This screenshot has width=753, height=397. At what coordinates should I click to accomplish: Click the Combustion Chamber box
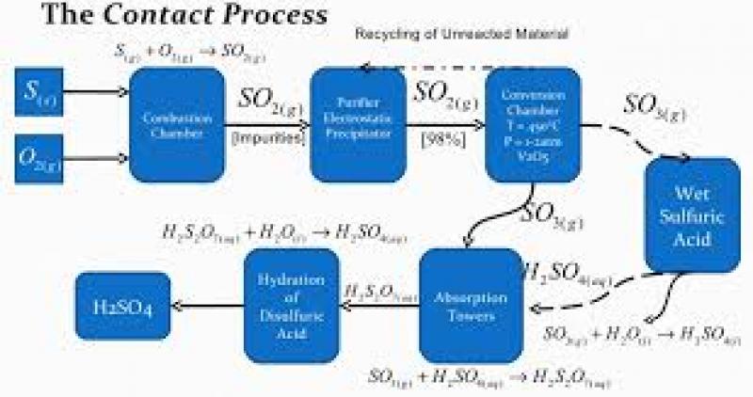[x=177, y=124]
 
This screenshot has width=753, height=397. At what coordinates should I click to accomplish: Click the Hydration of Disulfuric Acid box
[x=291, y=299]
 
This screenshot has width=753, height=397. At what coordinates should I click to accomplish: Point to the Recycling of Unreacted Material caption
[x=461, y=34]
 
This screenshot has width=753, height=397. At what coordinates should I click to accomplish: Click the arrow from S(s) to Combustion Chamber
[x=97, y=92]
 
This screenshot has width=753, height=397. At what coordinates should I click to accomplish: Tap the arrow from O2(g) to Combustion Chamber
[x=97, y=157]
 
